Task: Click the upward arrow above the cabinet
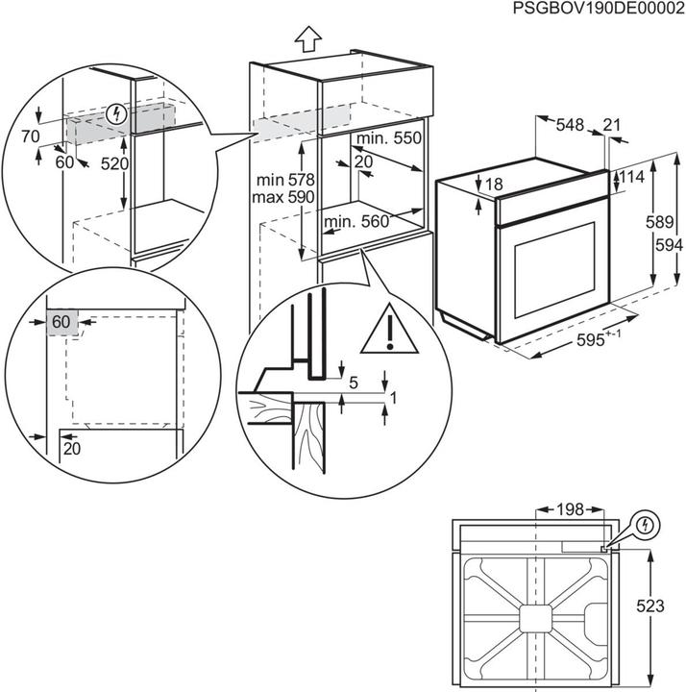pos(307,38)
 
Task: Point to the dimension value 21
pos(611,123)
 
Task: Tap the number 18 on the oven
pos(494,185)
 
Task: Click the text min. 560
pos(356,223)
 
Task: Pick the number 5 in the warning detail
pos(353,383)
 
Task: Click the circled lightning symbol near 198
pos(645,526)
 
